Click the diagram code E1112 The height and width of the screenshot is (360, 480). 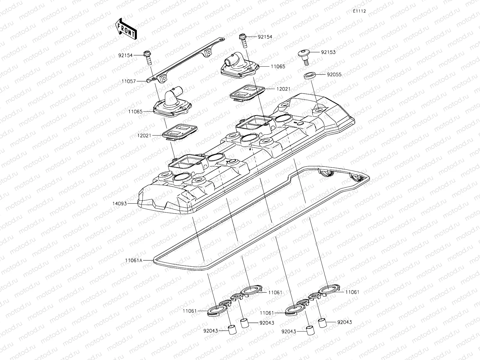click(x=359, y=11)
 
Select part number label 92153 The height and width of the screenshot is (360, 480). click(x=328, y=52)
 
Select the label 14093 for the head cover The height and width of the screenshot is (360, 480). click(x=120, y=203)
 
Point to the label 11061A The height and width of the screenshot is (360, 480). click(x=134, y=261)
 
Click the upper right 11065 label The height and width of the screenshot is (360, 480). click(x=278, y=66)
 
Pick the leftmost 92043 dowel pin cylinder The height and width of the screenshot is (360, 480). click(x=231, y=330)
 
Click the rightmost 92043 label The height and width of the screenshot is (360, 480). click(x=344, y=322)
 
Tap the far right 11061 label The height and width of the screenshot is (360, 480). click(x=352, y=292)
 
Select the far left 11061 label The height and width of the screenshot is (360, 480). click(x=190, y=311)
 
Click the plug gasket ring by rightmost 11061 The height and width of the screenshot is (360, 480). click(x=329, y=289)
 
